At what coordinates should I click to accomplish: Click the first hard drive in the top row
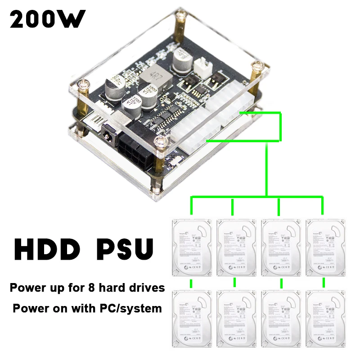[191, 247]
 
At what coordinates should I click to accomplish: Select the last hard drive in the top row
[324, 247]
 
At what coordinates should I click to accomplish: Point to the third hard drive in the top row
[280, 247]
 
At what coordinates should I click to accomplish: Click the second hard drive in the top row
[235, 247]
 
